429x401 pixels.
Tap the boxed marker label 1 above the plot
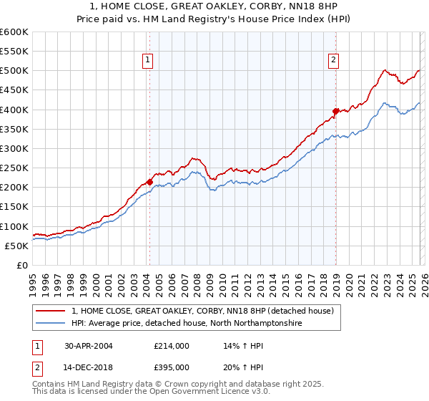pos(147,61)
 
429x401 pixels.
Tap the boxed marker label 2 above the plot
pos(334,61)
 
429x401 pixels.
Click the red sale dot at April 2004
pos(149,182)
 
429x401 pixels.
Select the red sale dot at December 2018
pos(335,111)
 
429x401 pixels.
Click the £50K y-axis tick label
pos(17,246)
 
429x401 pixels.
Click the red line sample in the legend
pos(51,311)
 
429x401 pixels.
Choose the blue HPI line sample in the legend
pos(51,324)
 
